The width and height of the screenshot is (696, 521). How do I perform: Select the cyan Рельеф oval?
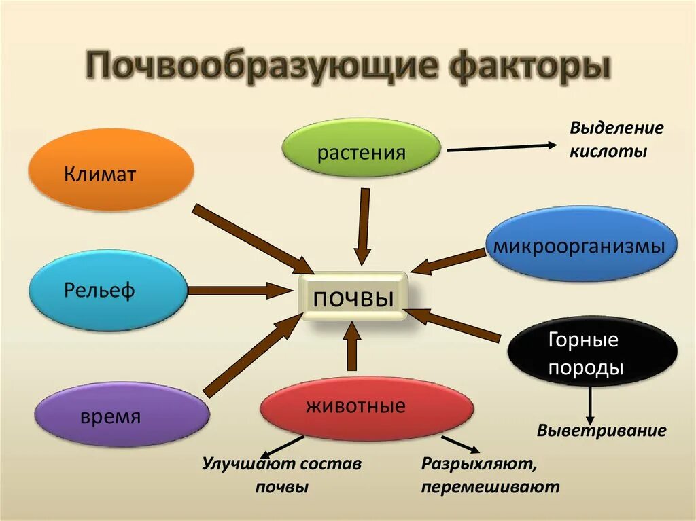pyautogui.click(x=107, y=290)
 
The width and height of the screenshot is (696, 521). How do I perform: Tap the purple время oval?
pyautogui.click(x=122, y=414)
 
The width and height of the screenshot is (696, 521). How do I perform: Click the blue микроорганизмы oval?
pyautogui.click(x=580, y=245)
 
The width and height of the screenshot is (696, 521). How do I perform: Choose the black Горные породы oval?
pyautogui.click(x=592, y=353)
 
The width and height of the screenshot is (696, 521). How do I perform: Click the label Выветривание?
pyautogui.click(x=602, y=431)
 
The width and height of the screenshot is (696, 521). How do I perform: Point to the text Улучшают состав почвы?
pyautogui.click(x=282, y=475)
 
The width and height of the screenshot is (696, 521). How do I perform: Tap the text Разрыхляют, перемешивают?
pyautogui.click(x=490, y=475)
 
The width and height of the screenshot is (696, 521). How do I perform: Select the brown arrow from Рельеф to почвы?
pyautogui.click(x=234, y=291)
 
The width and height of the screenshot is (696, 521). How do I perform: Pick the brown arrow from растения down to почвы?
pyautogui.click(x=364, y=226)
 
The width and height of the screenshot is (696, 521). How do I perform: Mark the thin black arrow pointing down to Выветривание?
pyautogui.click(x=591, y=403)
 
